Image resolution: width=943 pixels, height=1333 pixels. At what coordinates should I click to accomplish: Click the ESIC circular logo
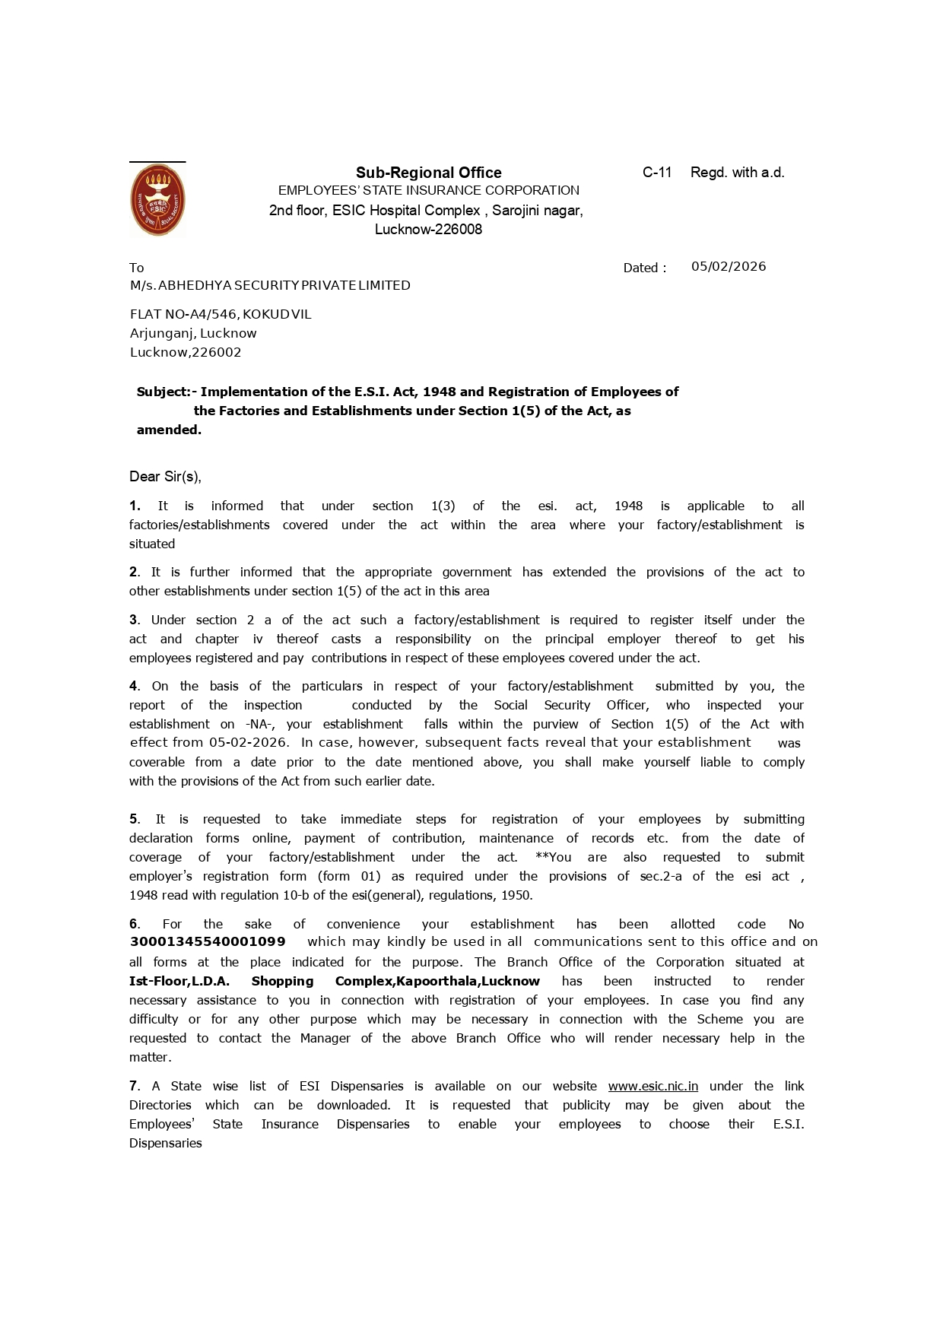pos(157,200)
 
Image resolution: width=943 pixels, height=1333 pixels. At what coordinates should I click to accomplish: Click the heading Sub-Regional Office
pos(429,173)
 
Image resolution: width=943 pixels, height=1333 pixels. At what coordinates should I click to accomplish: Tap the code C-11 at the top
pos(657,173)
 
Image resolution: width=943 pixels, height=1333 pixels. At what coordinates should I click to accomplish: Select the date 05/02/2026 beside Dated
pos(728,266)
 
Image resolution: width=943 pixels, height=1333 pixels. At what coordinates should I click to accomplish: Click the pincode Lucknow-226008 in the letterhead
pos(428,230)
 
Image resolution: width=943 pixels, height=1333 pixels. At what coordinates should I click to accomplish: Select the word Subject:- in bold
pos(167,392)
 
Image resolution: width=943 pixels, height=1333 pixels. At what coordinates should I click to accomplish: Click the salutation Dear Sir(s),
pos(165,477)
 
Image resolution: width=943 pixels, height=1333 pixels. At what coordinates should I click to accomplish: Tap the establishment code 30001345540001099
pos(208,942)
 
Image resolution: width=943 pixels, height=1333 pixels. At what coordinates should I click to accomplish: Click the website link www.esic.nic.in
pos(652,1086)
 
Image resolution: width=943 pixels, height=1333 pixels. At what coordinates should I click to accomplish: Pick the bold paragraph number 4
pos(134,686)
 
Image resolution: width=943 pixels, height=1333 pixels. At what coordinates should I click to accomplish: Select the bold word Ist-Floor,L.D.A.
pos(179,981)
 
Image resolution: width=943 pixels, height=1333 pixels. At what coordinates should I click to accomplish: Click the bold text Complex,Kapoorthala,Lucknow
pos(437,981)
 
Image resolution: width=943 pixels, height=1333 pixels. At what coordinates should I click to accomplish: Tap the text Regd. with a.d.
pos(737,173)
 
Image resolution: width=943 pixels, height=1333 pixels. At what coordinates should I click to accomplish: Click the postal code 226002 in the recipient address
pos(216,352)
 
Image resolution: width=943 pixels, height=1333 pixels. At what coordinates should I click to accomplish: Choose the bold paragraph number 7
pos(134,1086)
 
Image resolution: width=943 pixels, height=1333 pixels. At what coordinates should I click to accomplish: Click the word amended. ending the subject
pos(169,430)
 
